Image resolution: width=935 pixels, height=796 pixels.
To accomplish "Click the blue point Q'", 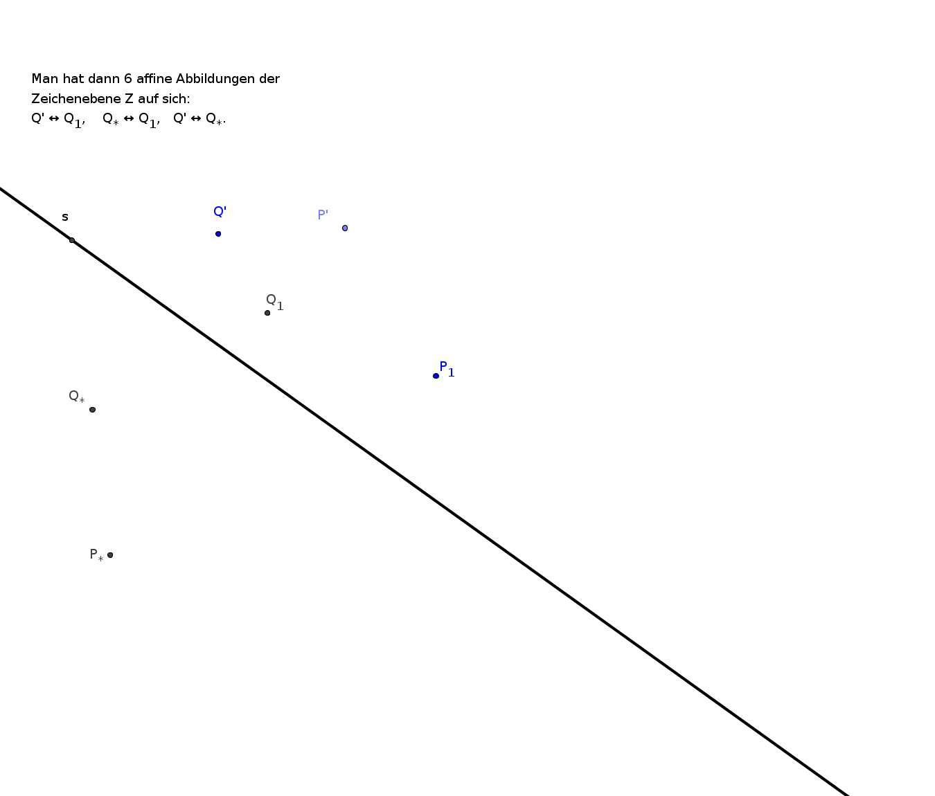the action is (x=218, y=234).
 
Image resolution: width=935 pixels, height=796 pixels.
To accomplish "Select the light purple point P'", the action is (x=345, y=228).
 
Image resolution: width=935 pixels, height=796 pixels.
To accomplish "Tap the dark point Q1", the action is (x=267, y=313).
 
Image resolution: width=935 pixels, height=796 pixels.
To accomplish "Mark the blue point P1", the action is (x=436, y=376).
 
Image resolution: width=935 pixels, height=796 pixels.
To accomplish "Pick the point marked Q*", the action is (x=92, y=410).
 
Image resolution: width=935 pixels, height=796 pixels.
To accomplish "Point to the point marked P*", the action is (x=110, y=554).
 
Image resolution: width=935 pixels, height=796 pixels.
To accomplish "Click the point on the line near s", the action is (x=71, y=240).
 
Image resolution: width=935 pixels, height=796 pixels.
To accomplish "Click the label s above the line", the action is (x=64, y=217).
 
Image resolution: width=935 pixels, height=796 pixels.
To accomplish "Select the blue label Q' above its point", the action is (x=220, y=211).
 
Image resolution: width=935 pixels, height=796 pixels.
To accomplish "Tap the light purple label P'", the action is (x=323, y=215).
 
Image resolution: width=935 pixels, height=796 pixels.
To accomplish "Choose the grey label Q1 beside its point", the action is (x=274, y=302).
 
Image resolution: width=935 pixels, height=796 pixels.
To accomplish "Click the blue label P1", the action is (x=447, y=369).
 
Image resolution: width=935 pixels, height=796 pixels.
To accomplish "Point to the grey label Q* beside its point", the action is (x=76, y=397).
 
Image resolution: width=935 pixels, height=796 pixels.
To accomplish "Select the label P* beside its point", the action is (x=97, y=554).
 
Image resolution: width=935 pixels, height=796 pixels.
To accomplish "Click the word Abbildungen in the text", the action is (x=215, y=79).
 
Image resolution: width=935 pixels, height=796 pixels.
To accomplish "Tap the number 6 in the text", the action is (x=128, y=79).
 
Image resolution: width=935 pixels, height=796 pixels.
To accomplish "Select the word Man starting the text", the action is (x=45, y=79).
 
